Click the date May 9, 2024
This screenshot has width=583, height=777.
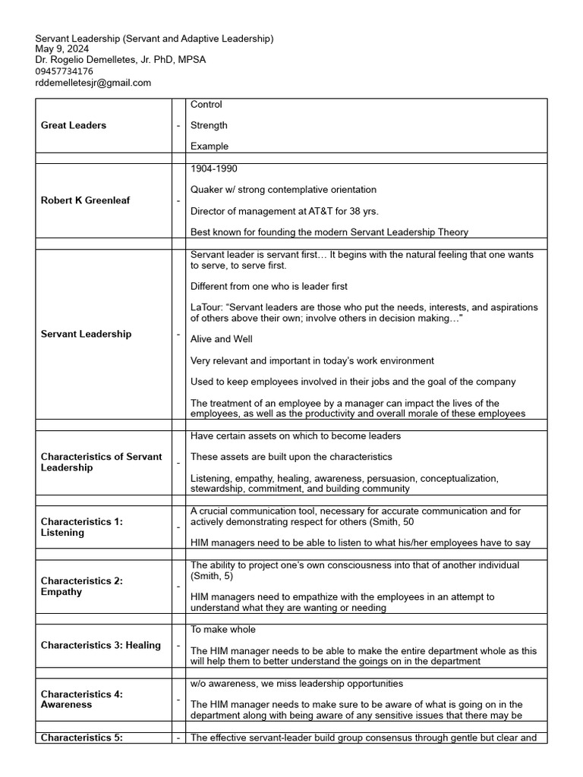(x=62, y=49)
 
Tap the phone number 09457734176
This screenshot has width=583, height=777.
(x=65, y=71)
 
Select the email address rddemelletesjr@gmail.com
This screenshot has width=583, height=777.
(x=93, y=83)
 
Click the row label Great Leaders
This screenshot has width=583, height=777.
(x=74, y=125)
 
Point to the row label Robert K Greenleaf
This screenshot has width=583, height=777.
(x=85, y=200)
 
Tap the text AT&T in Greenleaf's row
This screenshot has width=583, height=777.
(x=309, y=211)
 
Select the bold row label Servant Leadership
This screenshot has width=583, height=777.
(x=86, y=334)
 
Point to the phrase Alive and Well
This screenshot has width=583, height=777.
(x=222, y=339)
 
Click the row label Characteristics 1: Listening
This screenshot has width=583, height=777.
(x=82, y=527)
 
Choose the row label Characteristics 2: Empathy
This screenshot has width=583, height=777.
(x=82, y=587)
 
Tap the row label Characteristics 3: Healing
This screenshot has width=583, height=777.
(x=101, y=645)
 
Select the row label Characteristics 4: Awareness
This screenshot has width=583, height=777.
(x=82, y=699)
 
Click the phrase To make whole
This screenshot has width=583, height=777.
(x=222, y=630)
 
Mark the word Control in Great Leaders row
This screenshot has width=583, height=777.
(x=206, y=105)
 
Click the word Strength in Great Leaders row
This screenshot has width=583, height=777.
(x=209, y=125)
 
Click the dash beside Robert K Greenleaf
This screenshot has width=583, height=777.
(x=178, y=200)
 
